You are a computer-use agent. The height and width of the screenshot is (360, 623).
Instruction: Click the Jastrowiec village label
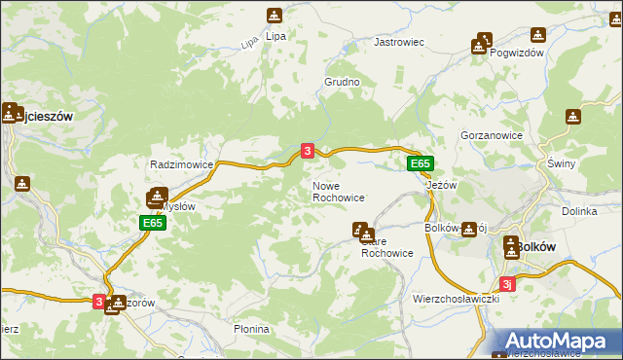click(400, 43)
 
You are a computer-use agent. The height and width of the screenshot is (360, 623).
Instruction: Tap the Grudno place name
click(343, 83)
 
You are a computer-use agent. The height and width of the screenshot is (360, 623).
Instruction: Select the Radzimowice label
click(181, 164)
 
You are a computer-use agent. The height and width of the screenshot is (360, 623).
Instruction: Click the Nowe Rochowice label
click(338, 191)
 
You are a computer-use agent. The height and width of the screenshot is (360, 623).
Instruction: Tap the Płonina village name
click(251, 330)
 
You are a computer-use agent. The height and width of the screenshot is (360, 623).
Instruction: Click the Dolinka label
click(579, 210)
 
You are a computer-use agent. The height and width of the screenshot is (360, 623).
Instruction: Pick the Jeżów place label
click(442, 185)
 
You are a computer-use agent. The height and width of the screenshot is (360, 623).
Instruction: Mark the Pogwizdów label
click(517, 53)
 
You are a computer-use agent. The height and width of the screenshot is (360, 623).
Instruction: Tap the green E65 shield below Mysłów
click(152, 223)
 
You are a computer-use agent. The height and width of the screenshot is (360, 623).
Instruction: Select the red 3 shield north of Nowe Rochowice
click(308, 151)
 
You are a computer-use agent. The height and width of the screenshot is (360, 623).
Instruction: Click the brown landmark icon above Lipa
click(275, 16)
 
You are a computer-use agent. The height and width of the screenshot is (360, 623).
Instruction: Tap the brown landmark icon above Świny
click(573, 117)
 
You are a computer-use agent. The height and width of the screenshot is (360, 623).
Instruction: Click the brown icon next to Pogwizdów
click(480, 44)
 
